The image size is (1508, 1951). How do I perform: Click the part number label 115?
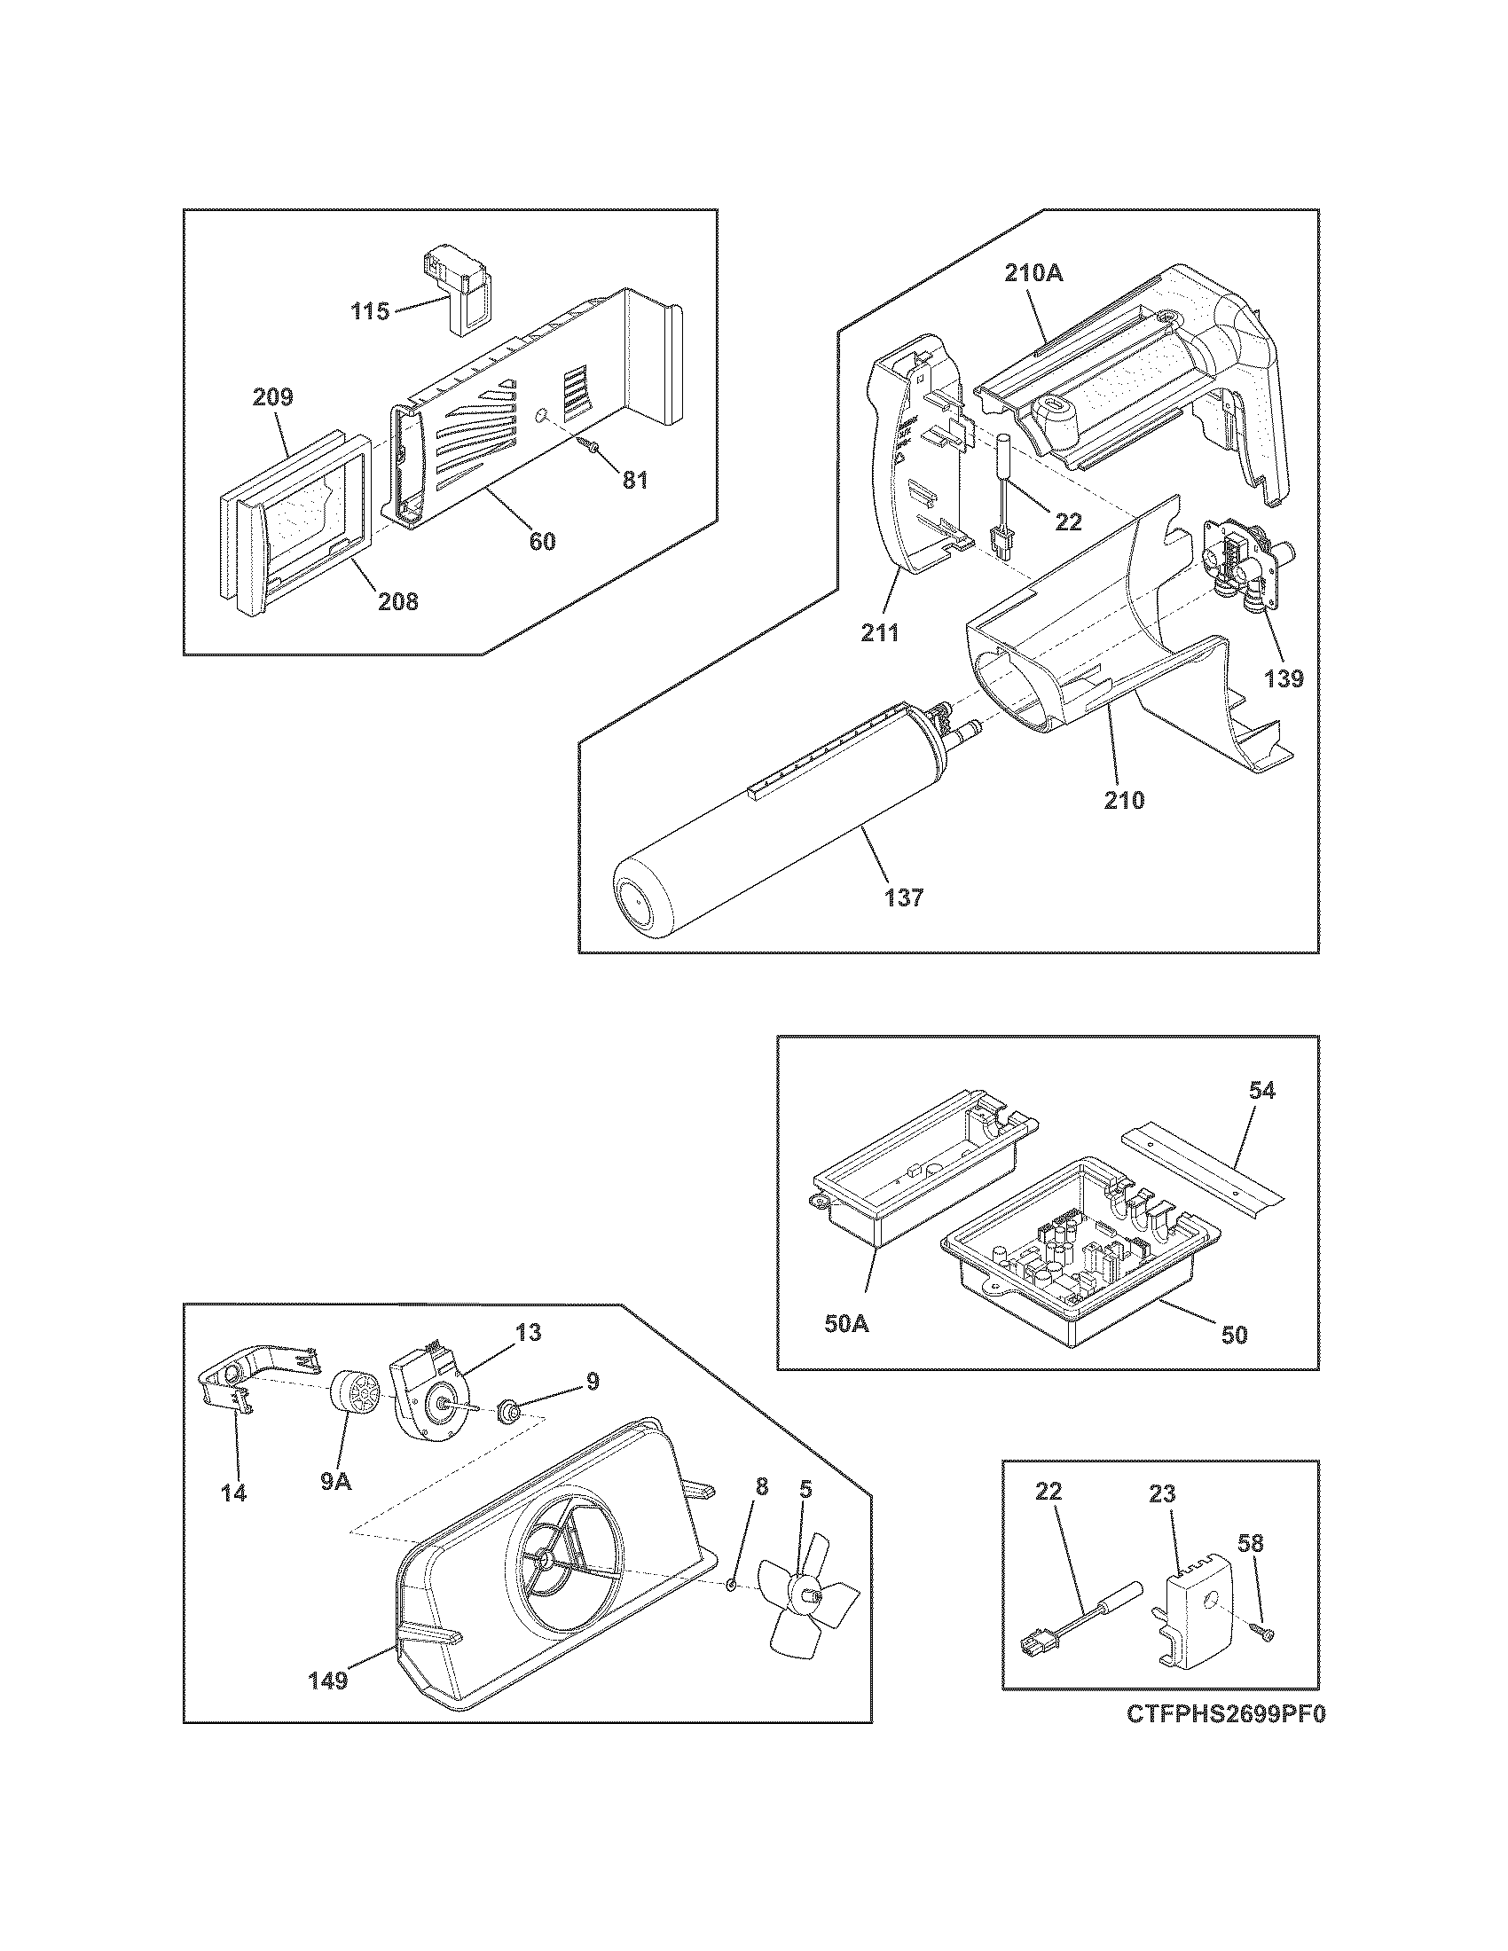[x=370, y=312]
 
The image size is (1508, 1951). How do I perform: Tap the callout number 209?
[x=272, y=396]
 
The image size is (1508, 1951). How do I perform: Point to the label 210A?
[x=1033, y=273]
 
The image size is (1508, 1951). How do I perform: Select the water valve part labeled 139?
[x=1244, y=572]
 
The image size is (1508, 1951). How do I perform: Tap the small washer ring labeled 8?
[x=730, y=1586]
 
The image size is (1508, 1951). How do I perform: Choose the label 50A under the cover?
[x=846, y=1349]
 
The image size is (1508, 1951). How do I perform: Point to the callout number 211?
[x=881, y=632]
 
